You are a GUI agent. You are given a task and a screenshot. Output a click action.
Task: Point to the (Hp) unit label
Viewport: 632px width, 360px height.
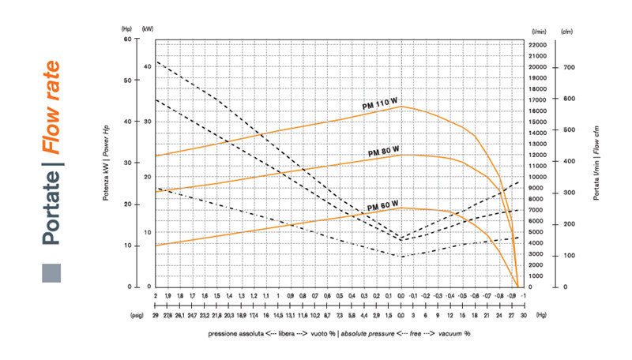(127, 30)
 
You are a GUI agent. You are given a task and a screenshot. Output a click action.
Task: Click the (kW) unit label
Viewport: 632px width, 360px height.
(148, 30)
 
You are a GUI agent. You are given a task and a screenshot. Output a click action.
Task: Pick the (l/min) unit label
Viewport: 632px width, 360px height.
(540, 30)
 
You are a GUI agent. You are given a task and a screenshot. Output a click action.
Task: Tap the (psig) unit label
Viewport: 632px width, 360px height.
(137, 313)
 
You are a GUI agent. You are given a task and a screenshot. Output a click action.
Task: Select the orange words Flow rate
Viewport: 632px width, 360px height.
(52, 106)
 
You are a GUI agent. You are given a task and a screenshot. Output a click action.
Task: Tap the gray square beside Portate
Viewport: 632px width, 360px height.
(51, 272)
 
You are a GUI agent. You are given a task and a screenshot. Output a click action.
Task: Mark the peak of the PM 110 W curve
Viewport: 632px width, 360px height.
(401, 106)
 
